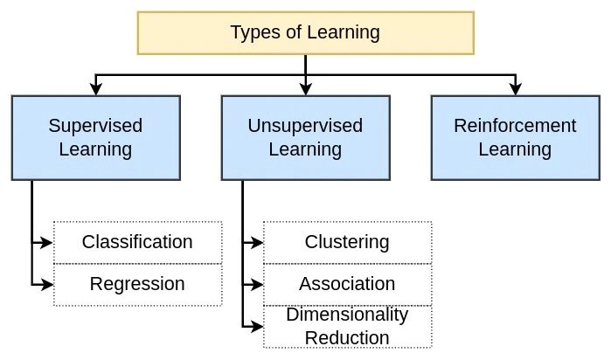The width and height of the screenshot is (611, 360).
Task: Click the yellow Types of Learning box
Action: click(305, 32)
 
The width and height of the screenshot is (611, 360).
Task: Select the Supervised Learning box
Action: click(95, 137)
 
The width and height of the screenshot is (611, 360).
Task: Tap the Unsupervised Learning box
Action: click(305, 137)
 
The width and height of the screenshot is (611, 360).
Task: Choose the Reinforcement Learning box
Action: click(515, 137)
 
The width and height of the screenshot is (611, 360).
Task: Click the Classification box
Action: click(137, 242)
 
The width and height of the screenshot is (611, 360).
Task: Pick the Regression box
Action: click(137, 284)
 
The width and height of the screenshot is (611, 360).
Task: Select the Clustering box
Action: click(347, 242)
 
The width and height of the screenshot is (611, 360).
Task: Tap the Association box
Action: click(347, 284)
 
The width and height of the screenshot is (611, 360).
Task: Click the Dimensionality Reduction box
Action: click(347, 326)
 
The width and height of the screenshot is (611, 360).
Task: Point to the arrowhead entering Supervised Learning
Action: click(95, 89)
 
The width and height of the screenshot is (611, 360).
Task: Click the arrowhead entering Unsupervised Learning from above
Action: click(305, 89)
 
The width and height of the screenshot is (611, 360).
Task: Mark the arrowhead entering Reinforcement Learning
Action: click(515, 89)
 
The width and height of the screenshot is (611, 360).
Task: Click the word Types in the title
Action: click(251, 33)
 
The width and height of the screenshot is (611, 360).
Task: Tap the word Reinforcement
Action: click(515, 126)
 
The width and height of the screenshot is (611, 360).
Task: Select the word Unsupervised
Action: click(305, 126)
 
